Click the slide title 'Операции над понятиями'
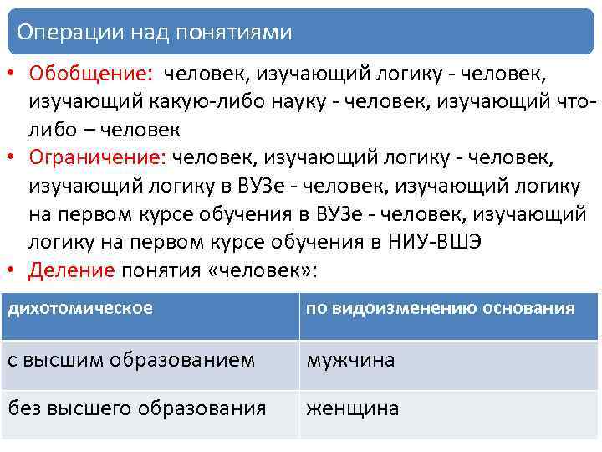[155, 32]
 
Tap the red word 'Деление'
[72, 271]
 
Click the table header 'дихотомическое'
[80, 308]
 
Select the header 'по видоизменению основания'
[440, 308]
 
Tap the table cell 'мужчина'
[350, 360]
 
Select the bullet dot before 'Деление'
[12, 272]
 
